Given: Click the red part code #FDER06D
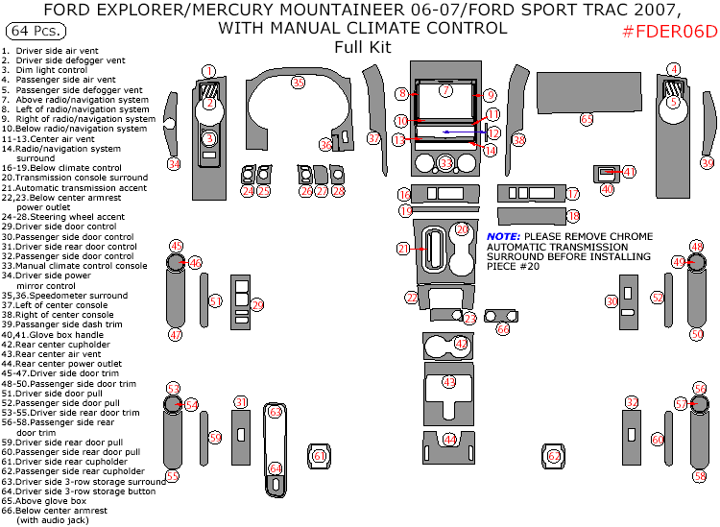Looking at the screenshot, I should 669,32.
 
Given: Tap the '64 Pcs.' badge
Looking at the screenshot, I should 34,33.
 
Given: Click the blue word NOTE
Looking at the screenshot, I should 502,236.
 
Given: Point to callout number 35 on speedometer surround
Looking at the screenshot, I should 298,83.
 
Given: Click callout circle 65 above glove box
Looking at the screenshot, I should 587,119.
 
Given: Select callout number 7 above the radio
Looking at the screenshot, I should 444,90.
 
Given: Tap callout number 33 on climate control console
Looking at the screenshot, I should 445,163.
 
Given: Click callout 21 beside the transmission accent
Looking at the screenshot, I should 403,249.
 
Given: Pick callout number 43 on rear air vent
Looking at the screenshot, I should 447,382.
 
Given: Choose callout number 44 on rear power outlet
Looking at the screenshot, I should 448,440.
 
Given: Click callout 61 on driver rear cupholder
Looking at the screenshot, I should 319,457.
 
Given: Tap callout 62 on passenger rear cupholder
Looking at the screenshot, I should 554,456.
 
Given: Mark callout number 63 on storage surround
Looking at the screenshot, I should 275,412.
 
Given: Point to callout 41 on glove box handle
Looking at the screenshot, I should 629,172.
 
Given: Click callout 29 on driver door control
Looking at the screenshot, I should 256,305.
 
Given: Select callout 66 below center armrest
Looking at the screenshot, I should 503,328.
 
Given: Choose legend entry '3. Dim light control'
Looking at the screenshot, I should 45,70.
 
